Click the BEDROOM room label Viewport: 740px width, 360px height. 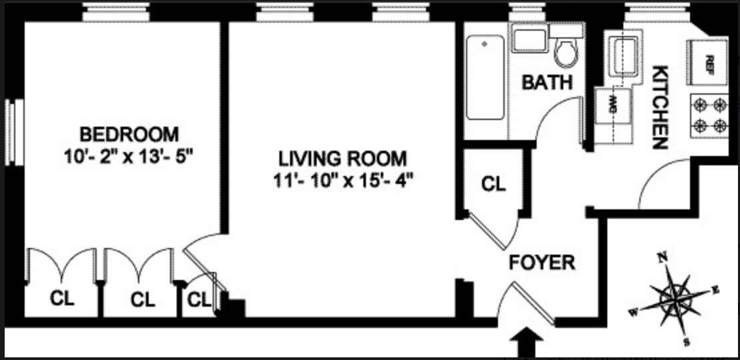tap(129, 134)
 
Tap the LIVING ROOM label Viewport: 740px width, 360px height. tap(342, 159)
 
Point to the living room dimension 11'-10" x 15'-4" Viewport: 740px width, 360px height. tap(342, 181)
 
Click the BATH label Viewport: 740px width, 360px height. tap(547, 83)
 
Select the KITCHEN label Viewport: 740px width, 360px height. tap(659, 107)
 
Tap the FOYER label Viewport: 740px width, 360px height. tap(541, 262)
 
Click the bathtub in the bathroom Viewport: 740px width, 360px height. tap(485, 78)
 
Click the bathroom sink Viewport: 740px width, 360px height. tap(529, 39)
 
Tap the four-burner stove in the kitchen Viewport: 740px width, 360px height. tap(709, 115)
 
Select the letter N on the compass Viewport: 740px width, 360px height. tap(661, 257)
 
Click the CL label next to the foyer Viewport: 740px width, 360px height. tap(493, 183)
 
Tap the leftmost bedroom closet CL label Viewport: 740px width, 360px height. tap(62, 299)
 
